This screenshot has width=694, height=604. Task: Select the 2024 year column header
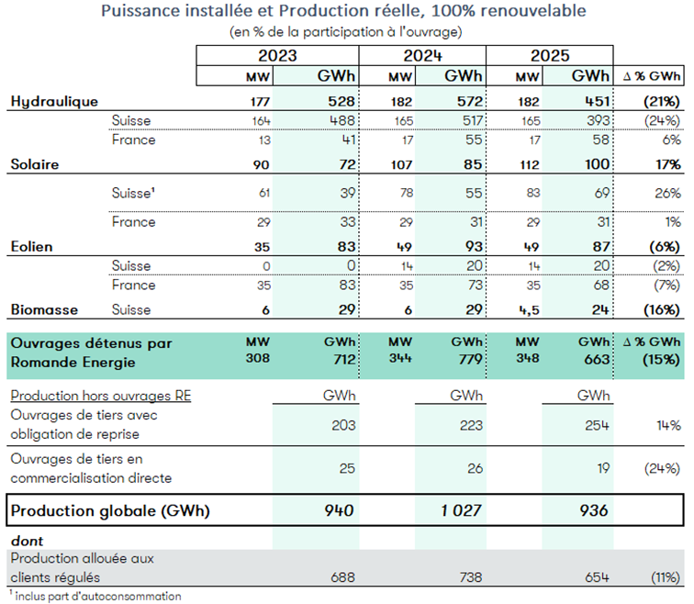point(423,54)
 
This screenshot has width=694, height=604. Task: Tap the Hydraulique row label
point(54,100)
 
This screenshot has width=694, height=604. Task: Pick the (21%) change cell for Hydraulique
point(660,100)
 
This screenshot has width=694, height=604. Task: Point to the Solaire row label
point(34,164)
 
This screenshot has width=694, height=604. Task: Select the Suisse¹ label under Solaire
point(133,193)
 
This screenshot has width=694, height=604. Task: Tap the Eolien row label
point(32,245)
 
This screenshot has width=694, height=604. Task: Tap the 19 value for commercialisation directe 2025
point(600,468)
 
